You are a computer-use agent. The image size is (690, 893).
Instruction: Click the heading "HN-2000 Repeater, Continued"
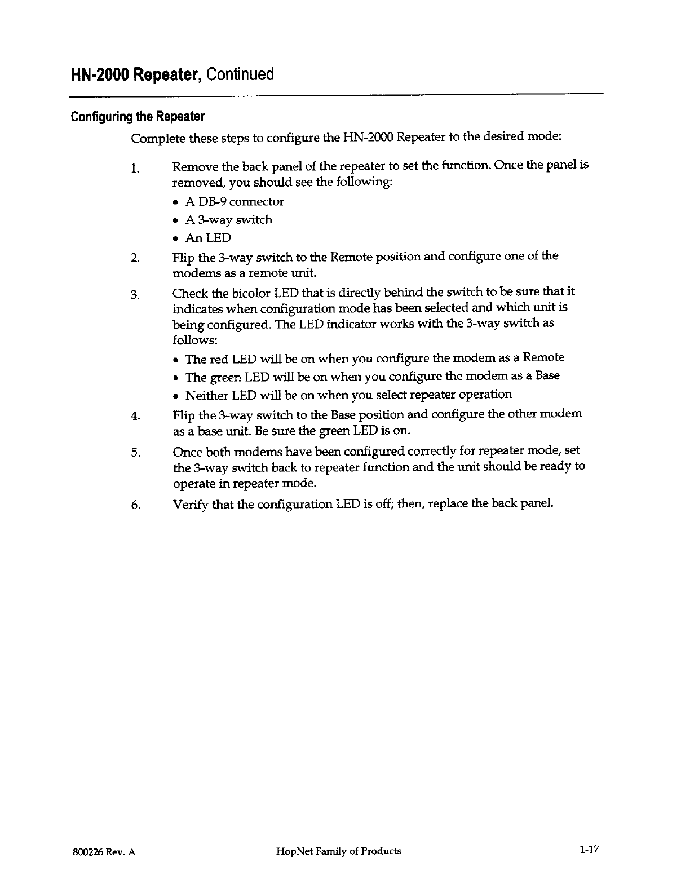[172, 74]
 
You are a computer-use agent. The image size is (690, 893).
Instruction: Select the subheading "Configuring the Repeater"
[137, 117]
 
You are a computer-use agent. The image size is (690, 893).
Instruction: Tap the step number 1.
[134, 169]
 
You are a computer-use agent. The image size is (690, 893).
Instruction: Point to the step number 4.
[134, 417]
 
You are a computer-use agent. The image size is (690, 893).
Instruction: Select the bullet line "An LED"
[208, 238]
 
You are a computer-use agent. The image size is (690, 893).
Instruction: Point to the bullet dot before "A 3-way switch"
[177, 220]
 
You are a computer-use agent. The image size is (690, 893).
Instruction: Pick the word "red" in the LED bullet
[219, 359]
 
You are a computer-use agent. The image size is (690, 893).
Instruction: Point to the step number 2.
[134, 259]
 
